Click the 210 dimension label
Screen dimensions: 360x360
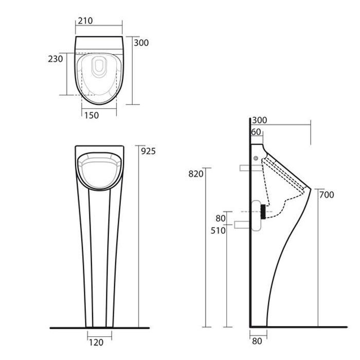pyautogui.click(x=85, y=21)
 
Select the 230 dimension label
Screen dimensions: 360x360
pyautogui.click(x=56, y=59)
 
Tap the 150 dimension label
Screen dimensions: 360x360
pyautogui.click(x=92, y=115)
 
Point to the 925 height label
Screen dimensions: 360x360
pyautogui.click(x=148, y=151)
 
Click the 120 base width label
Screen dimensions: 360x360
pyautogui.click(x=96, y=343)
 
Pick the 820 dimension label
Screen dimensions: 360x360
pyautogui.click(x=196, y=174)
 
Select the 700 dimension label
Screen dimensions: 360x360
pyautogui.click(x=327, y=195)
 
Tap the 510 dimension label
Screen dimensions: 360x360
pyautogui.click(x=218, y=230)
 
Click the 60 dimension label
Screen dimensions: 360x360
pyautogui.click(x=256, y=132)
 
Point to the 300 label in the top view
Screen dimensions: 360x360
pyautogui.click(x=141, y=43)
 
